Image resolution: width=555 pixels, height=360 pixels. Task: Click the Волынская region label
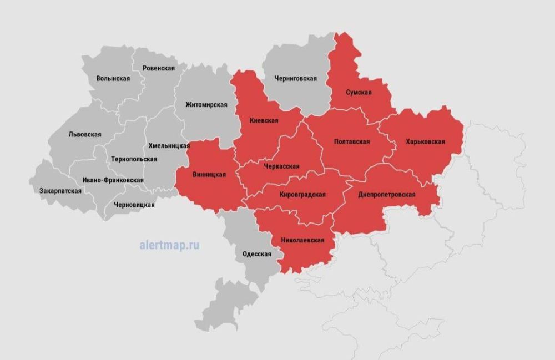click(113, 79)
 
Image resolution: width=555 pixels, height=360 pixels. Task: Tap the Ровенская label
click(158, 68)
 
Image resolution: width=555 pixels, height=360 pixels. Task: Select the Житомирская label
click(206, 105)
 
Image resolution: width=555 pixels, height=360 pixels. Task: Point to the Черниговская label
click(295, 79)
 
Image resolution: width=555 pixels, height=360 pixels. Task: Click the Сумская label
click(358, 92)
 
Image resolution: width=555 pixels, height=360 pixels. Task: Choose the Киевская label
click(264, 120)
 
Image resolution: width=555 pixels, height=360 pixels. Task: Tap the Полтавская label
click(352, 141)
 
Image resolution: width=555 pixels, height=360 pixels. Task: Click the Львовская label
click(84, 134)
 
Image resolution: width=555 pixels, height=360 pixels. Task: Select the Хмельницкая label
click(169, 145)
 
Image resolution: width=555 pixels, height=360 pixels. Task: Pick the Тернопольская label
click(134, 159)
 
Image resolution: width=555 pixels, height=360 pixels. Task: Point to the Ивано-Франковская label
click(113, 180)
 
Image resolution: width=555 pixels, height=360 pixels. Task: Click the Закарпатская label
click(60, 191)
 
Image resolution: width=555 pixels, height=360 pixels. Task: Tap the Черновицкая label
click(134, 205)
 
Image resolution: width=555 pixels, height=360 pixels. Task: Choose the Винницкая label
click(209, 174)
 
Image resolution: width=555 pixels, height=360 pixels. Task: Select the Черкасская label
click(282, 166)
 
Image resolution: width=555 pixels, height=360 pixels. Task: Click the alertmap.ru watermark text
click(169, 245)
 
